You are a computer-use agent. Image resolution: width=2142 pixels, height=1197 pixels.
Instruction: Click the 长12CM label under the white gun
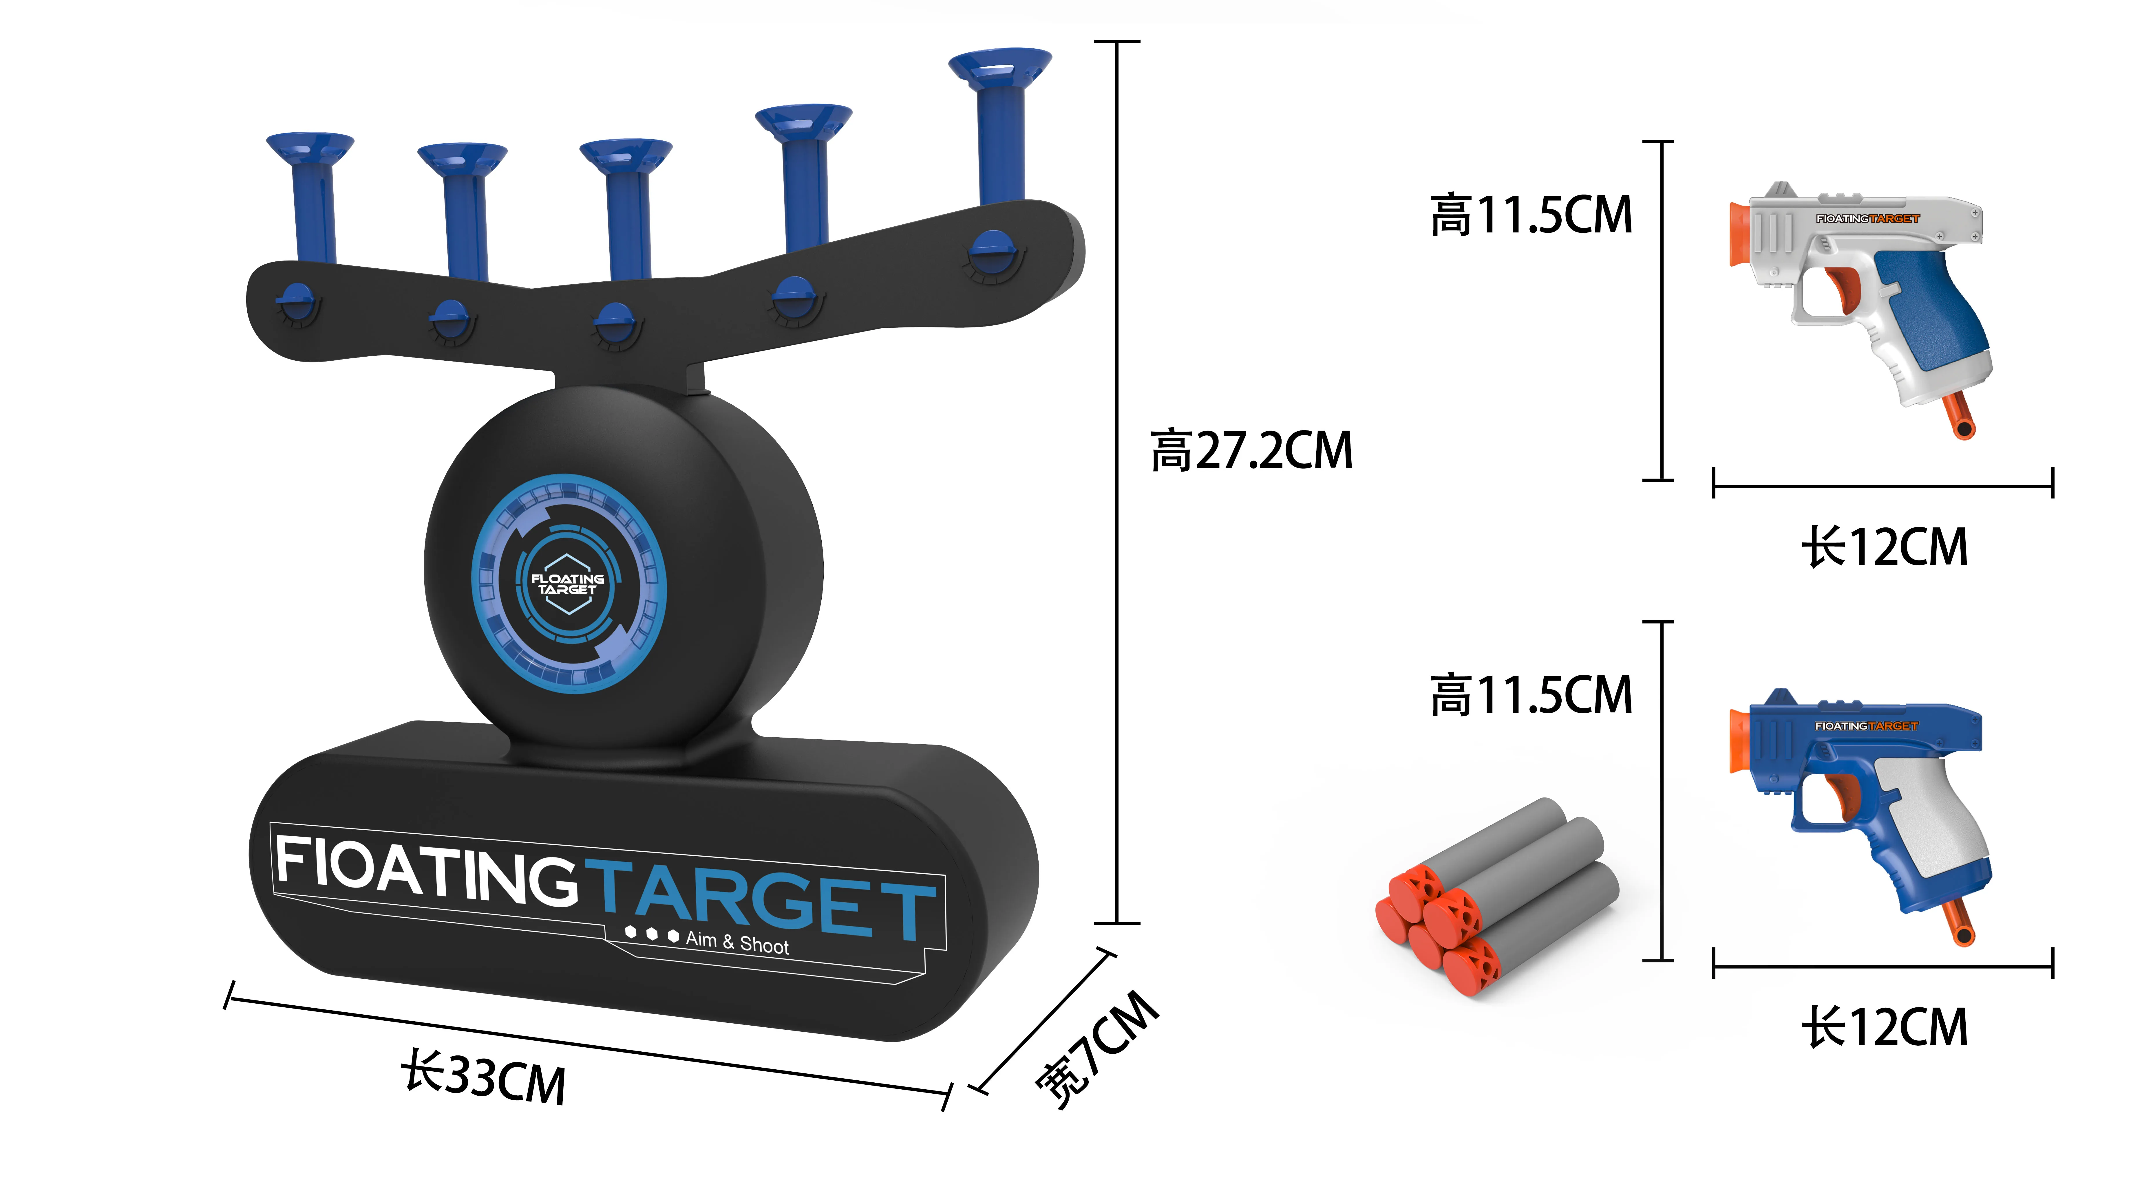point(1884,548)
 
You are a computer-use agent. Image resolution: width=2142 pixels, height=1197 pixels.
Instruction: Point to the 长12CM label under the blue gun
point(1884,1027)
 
